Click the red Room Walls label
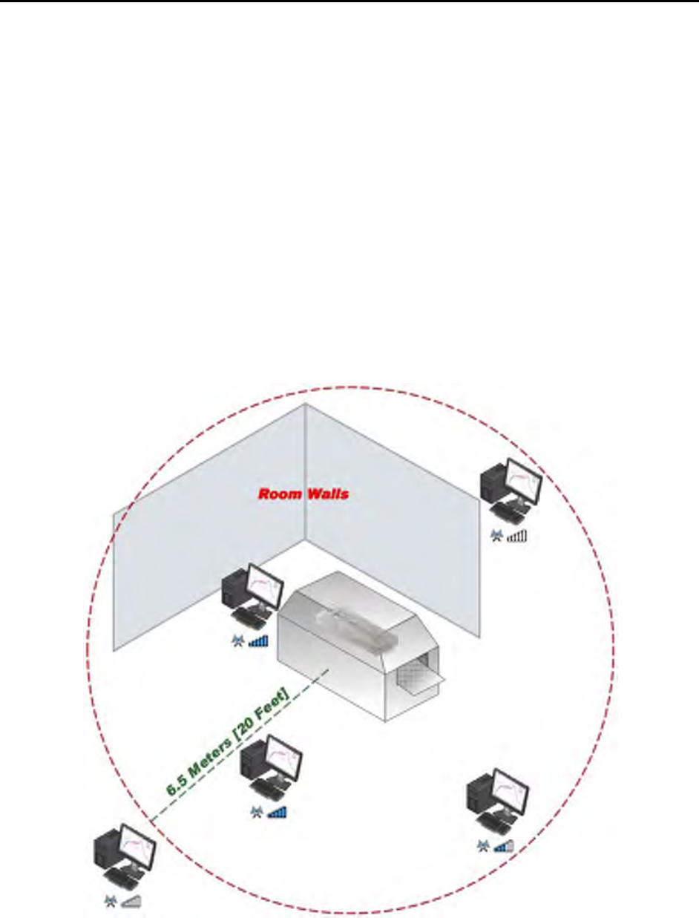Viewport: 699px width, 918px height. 303,494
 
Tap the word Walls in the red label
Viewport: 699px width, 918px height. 326,494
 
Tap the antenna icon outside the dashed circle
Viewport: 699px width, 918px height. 111,902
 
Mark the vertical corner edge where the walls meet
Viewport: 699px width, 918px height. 306,475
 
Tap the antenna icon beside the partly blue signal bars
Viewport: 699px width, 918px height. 483,845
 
